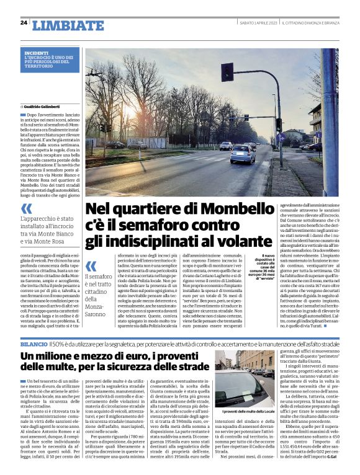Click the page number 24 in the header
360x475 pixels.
point(24,23)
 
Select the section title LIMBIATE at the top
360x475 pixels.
point(60,25)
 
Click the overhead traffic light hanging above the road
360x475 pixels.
point(227,72)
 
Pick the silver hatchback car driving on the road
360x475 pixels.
point(243,153)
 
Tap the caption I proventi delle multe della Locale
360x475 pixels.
point(245,428)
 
